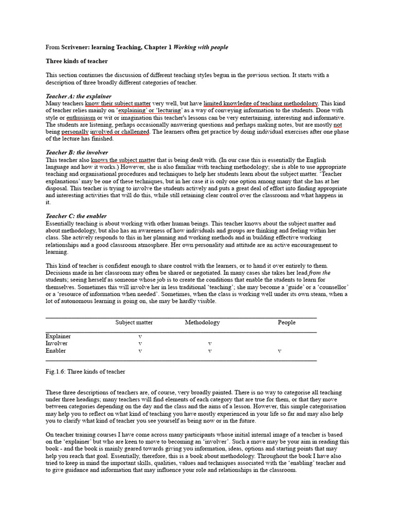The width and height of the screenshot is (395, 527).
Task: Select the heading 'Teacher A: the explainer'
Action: click(x=79, y=96)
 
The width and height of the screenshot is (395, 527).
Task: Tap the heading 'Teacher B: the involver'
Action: click(x=77, y=153)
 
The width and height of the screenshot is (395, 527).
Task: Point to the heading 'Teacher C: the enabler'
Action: click(x=76, y=216)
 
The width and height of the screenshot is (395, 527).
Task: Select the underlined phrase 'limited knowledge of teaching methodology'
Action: click(x=261, y=103)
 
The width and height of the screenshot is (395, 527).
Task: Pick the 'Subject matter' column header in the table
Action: click(x=134, y=323)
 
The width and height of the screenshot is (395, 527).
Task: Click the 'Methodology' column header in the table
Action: click(x=202, y=323)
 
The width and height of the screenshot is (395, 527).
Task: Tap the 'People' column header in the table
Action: click(x=286, y=323)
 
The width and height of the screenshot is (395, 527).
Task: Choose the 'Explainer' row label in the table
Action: click(x=58, y=336)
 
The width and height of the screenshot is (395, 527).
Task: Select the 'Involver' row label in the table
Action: click(x=57, y=343)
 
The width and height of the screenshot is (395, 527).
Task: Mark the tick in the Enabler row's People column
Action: click(x=279, y=351)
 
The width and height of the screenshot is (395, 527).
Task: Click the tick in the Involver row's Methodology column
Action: click(x=209, y=343)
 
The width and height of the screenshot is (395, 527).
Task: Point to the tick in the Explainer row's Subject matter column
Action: click(x=140, y=336)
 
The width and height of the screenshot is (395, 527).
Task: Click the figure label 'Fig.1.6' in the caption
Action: click(x=55, y=372)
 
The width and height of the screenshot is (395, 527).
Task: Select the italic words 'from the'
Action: click(x=319, y=273)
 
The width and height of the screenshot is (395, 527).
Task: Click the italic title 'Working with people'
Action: click(x=201, y=47)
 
